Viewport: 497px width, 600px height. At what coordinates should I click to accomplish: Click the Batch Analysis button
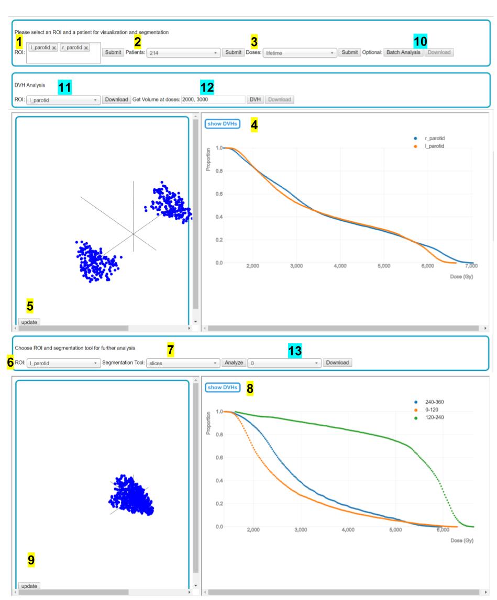coord(403,52)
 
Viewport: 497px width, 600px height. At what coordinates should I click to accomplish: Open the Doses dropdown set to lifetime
coord(300,53)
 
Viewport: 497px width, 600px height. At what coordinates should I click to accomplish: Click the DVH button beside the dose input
coord(255,99)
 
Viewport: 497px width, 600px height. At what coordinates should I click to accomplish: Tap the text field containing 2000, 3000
coord(213,99)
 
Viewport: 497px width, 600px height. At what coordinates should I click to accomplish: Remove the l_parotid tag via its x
coord(54,48)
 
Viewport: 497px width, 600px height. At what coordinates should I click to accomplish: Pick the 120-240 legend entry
coord(434,417)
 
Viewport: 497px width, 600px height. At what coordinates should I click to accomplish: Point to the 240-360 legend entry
coord(434,402)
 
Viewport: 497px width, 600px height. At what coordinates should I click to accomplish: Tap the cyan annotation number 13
coord(295,351)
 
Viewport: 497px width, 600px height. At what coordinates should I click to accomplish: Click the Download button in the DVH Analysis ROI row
coord(115,99)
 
